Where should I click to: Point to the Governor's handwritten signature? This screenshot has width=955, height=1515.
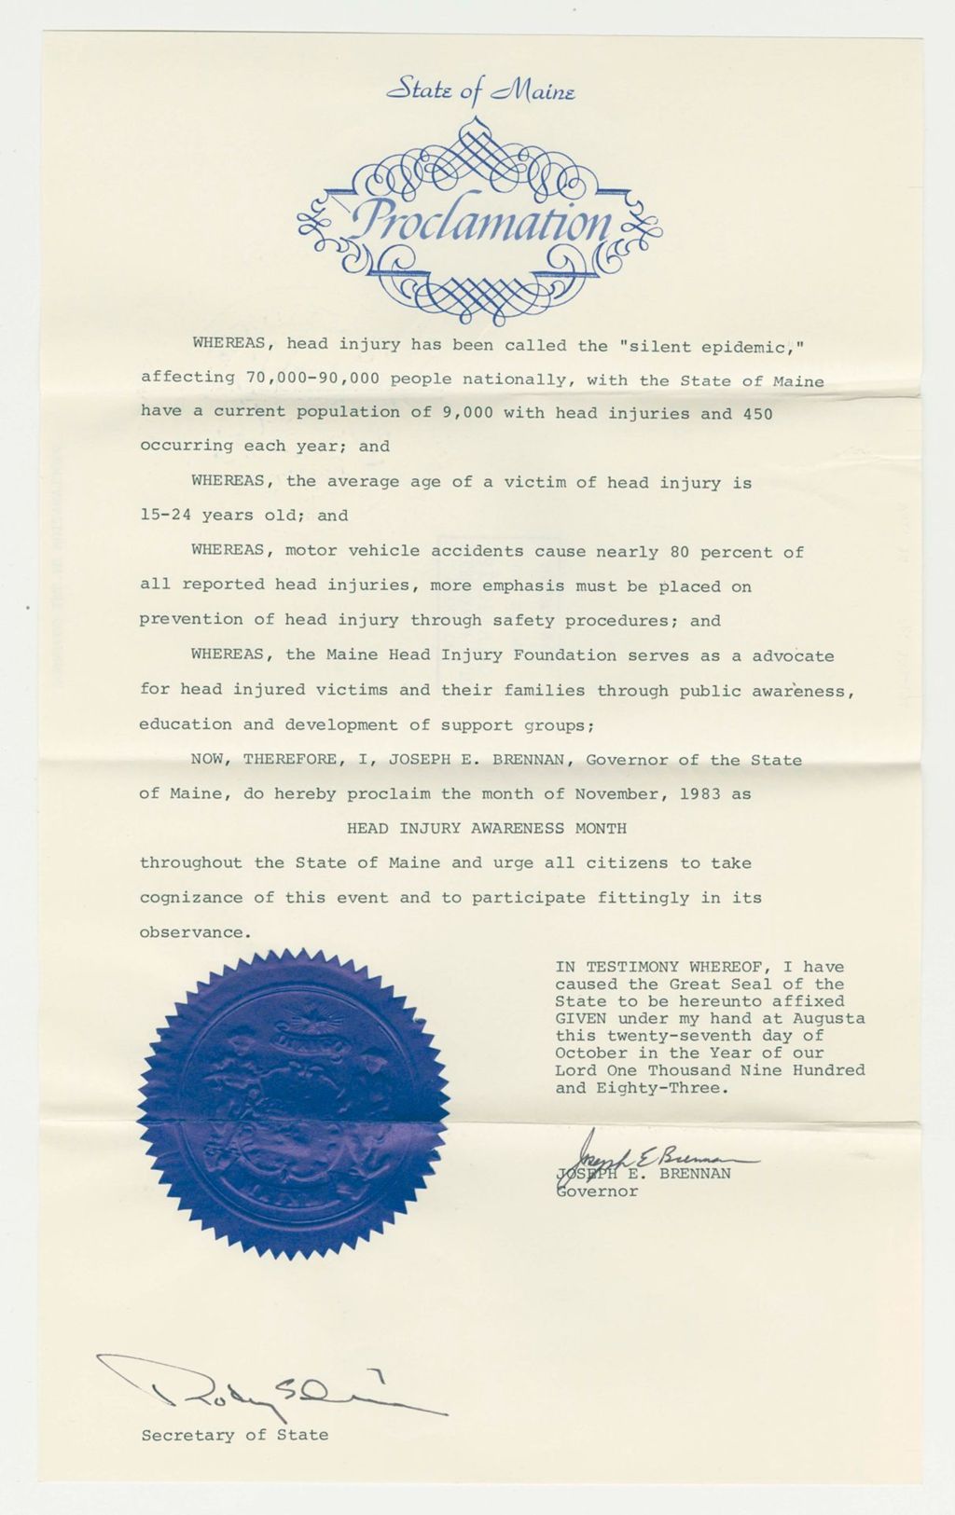click(653, 1155)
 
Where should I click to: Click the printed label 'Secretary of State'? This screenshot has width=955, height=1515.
click(234, 1436)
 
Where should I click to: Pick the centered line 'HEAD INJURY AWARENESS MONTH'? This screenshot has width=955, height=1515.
click(486, 828)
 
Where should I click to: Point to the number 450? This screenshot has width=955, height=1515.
click(757, 414)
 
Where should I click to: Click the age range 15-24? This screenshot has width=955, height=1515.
click(165, 516)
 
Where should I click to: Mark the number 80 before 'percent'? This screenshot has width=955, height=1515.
click(679, 552)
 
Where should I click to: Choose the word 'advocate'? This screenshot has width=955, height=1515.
click(793, 656)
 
